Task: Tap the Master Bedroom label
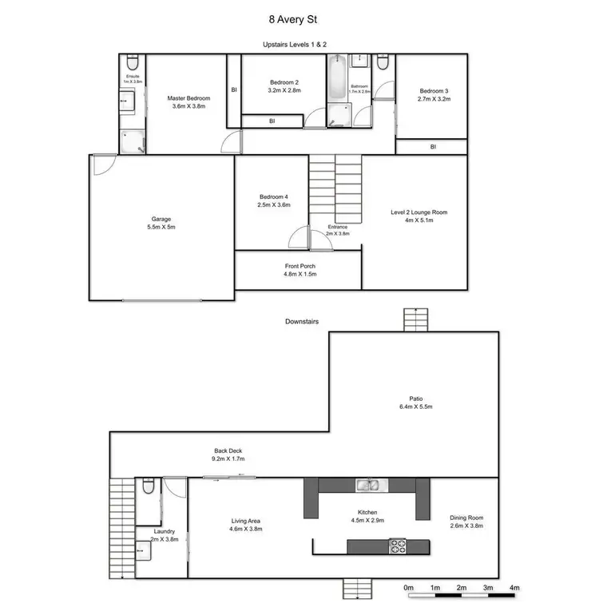pyautogui.click(x=188, y=98)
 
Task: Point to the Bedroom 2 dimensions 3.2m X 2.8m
pyautogui.click(x=284, y=91)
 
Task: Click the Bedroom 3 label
pyautogui.click(x=435, y=92)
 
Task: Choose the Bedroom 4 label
pyautogui.click(x=274, y=197)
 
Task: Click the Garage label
pyautogui.click(x=161, y=219)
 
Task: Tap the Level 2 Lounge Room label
pyautogui.click(x=419, y=212)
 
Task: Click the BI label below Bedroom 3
pyautogui.click(x=433, y=147)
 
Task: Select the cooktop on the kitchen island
pyautogui.click(x=397, y=546)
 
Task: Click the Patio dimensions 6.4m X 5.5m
pyautogui.click(x=416, y=407)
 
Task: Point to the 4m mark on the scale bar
pyautogui.click(x=515, y=588)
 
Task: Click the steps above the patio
pyautogui.click(x=415, y=320)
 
